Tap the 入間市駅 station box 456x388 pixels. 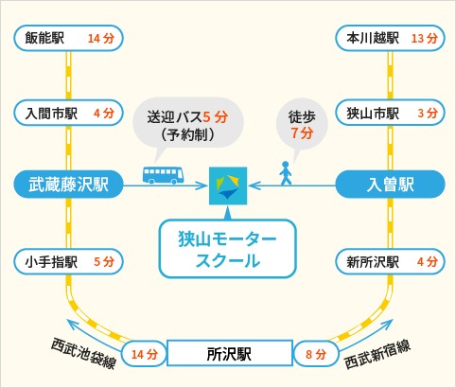68,113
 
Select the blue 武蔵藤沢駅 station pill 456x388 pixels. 68,185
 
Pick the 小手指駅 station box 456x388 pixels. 68,261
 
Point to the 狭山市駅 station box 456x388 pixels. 390,113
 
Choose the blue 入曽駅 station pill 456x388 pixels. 390,185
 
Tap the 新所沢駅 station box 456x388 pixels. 390,261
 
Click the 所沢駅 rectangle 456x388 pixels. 230,353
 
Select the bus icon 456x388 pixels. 163,175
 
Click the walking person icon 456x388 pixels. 286,173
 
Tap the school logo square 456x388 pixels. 228,185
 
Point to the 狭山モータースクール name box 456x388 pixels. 227,249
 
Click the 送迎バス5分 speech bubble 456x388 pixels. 188,124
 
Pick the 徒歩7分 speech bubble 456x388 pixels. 302,126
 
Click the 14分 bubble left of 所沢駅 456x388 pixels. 144,354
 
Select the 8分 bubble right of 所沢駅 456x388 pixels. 316,354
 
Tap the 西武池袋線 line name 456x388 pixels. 84,353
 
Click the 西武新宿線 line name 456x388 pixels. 377,354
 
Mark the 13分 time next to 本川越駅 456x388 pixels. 425,39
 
